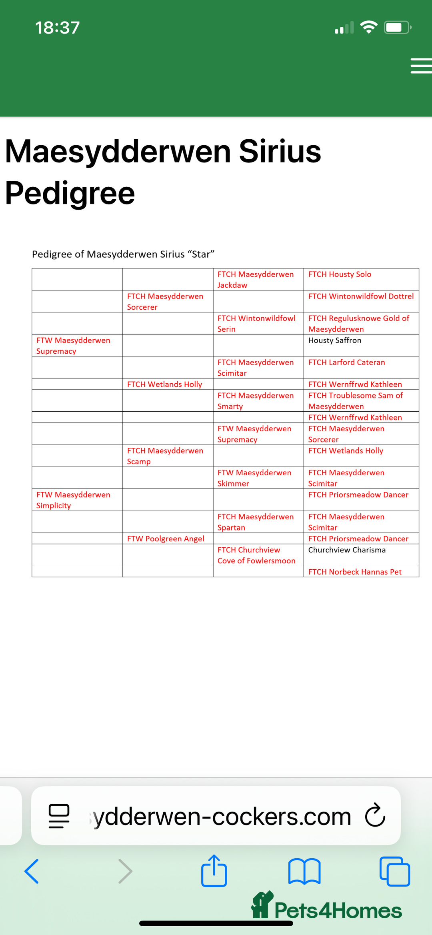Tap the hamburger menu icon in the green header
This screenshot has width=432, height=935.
421,66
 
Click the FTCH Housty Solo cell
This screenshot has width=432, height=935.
340,274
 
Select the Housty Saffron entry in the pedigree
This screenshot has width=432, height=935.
335,340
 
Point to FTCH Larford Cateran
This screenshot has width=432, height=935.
346,362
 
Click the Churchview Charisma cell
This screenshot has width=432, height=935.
347,550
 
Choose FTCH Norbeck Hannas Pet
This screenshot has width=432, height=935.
355,572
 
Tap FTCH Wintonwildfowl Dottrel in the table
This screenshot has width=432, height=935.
361,296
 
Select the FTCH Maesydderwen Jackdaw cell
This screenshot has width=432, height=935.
255,280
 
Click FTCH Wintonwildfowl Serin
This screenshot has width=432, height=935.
256,324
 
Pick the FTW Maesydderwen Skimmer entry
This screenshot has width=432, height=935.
254,478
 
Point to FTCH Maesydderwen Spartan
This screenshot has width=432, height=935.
255,522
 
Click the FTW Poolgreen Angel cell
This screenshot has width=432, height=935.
166,539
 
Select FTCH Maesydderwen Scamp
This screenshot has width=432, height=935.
165,456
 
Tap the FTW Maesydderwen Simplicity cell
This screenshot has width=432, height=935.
73,500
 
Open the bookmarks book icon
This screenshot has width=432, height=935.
304,871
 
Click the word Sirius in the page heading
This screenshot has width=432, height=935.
280,152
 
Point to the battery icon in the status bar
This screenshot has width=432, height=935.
397,28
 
